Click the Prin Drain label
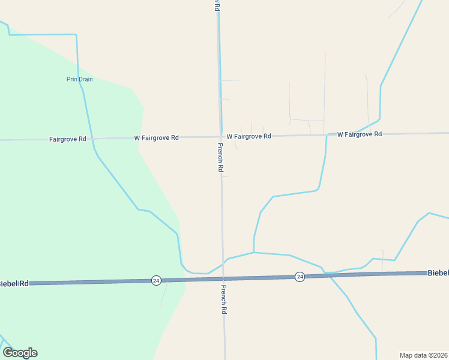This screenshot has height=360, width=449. (x=79, y=79)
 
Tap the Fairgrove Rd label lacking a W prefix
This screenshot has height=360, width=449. (x=68, y=139)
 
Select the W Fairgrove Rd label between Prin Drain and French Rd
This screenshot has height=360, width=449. (x=156, y=137)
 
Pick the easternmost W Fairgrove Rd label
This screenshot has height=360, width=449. (x=360, y=134)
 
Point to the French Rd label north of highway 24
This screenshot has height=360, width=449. (x=220, y=158)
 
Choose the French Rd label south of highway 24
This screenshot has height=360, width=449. (x=223, y=299)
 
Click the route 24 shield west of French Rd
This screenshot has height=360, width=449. (x=156, y=280)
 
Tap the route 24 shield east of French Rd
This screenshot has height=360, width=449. (x=300, y=277)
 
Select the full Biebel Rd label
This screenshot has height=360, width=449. (x=14, y=283)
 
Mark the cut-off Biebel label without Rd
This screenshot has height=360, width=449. (x=438, y=272)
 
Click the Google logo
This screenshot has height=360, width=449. (x=20, y=353)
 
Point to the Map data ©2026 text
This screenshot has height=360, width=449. (x=423, y=355)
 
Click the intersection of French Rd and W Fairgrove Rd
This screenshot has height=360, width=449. (x=221, y=137)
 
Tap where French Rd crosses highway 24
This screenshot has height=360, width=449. (x=223, y=279)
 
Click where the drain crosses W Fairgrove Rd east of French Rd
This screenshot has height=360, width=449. (x=327, y=135)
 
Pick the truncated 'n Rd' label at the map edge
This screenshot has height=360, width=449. (x=217, y=5)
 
